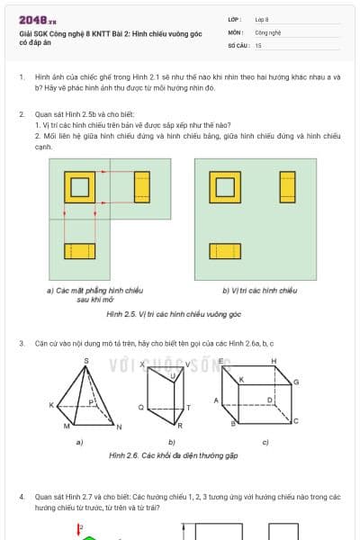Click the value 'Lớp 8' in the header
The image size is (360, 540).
(x=261, y=18)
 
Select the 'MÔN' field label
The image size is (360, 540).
(x=237, y=31)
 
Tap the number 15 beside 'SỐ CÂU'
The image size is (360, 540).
(x=258, y=44)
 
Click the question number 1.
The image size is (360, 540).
(x=22, y=77)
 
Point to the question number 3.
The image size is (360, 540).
(x=22, y=344)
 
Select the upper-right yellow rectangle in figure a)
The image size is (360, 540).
(x=141, y=186)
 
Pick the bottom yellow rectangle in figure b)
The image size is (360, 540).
(x=225, y=251)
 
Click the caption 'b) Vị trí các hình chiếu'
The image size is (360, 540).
(x=259, y=291)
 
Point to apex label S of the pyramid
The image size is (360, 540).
(x=86, y=361)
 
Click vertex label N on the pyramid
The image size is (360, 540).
(x=119, y=426)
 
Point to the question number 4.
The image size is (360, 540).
(x=22, y=496)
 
